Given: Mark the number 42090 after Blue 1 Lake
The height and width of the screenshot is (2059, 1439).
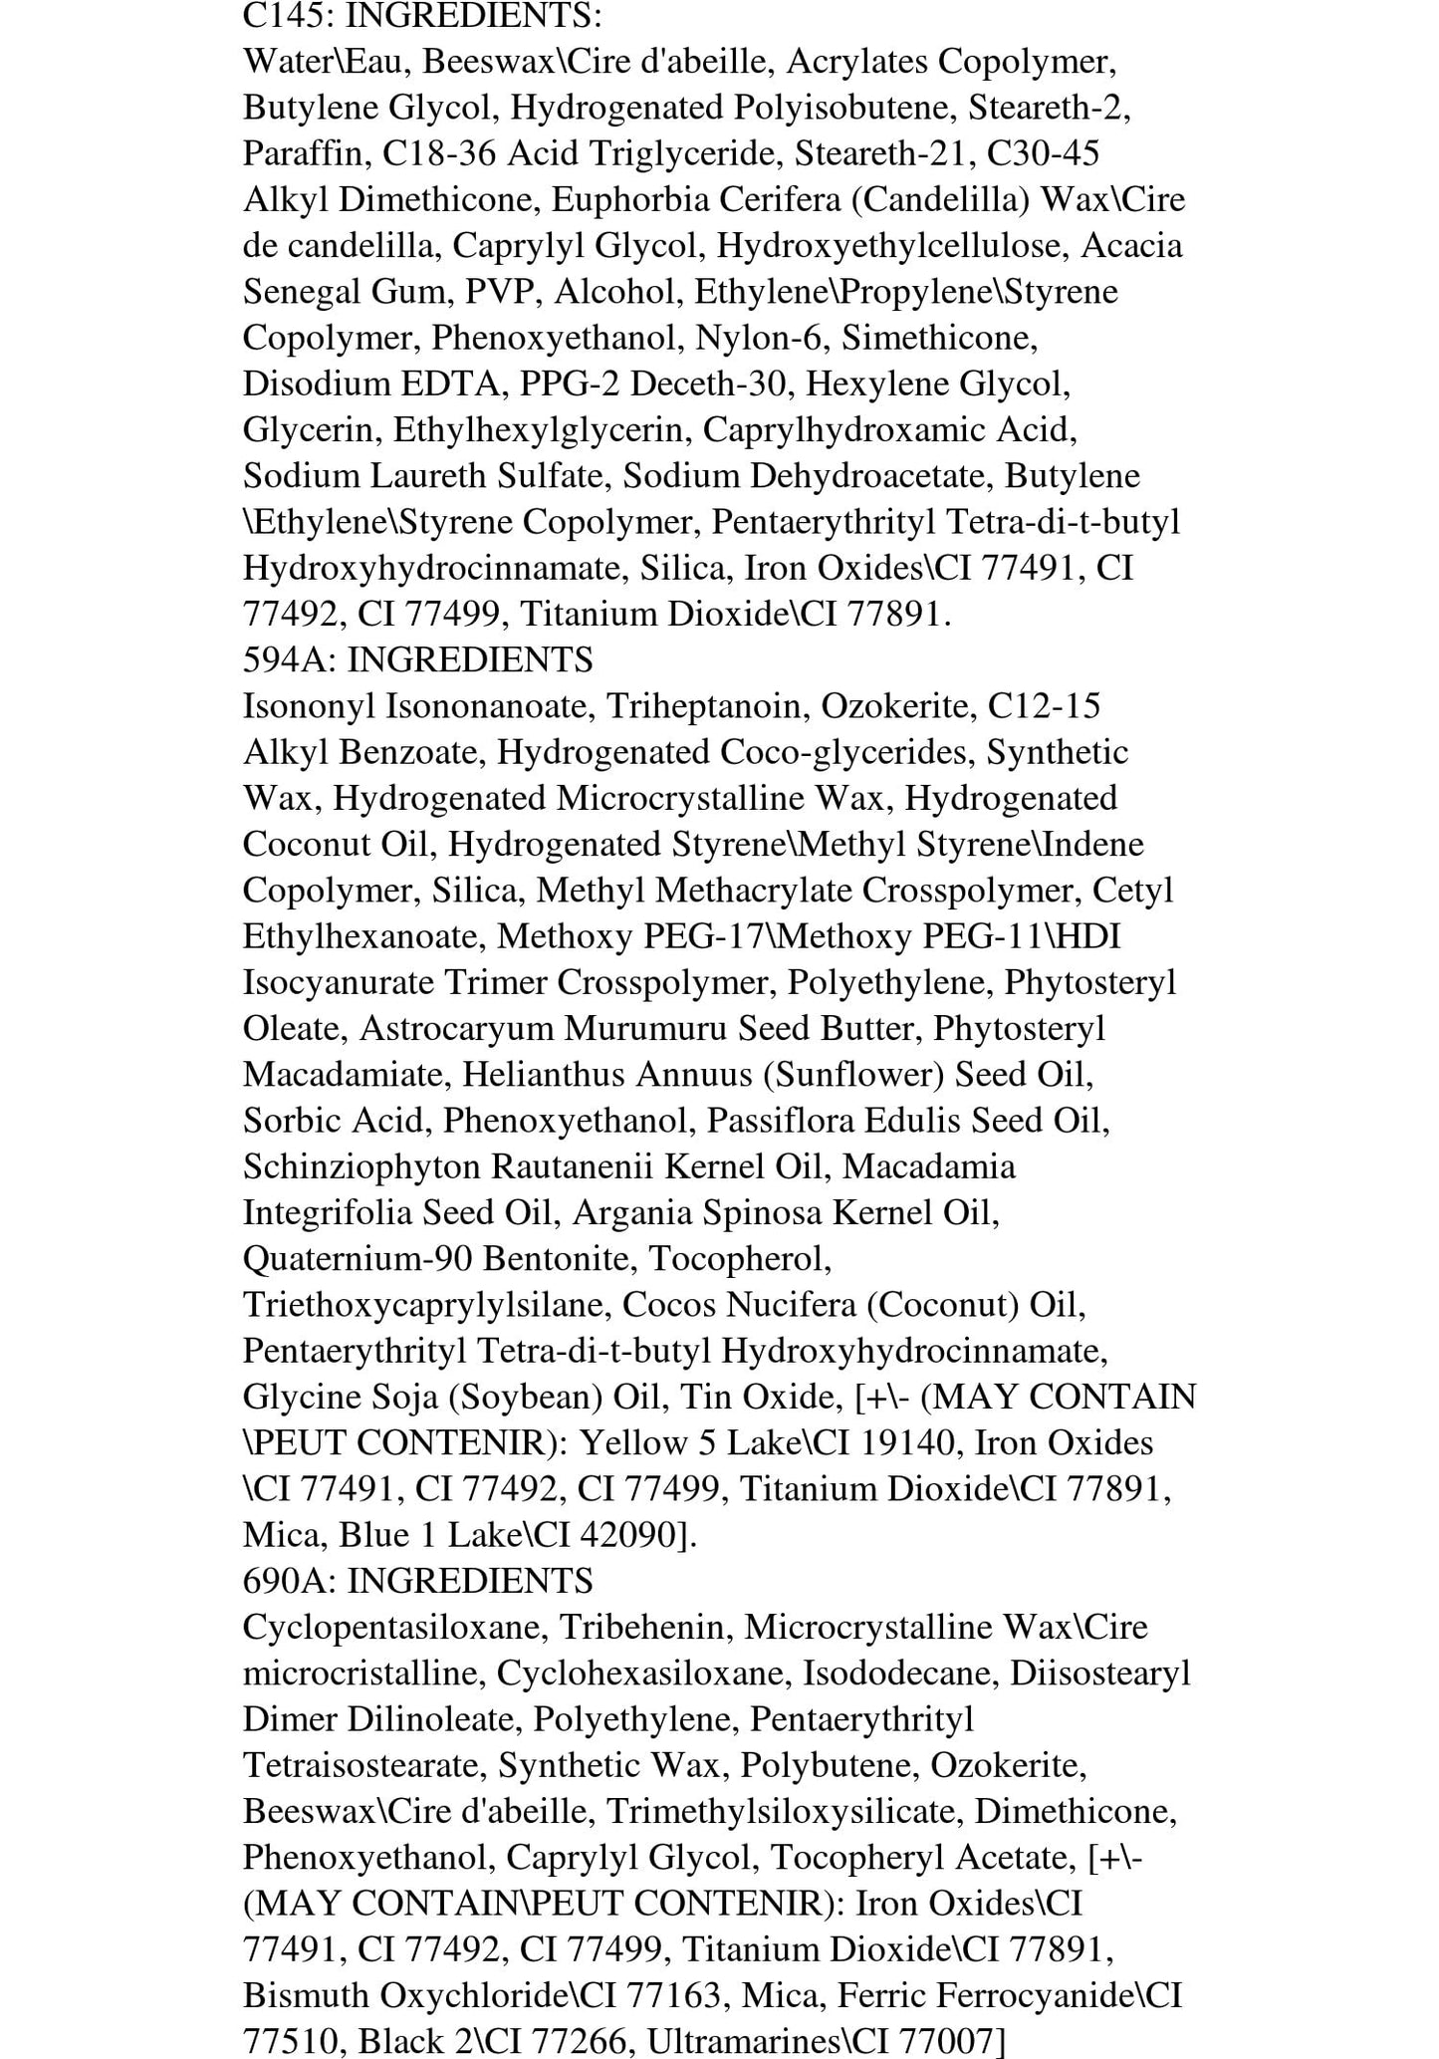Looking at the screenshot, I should tap(626, 1535).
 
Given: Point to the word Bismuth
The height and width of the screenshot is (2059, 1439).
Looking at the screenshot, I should tap(300, 1995).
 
